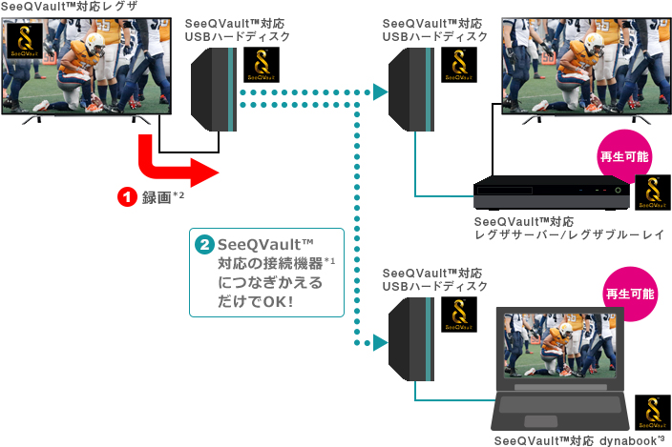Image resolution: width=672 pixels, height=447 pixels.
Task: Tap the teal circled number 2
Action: (204, 245)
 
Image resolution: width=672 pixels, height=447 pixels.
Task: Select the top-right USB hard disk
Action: (412, 90)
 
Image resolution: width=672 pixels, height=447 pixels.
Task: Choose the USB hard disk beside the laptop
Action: (413, 338)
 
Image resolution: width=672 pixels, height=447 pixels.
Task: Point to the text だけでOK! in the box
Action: (255, 302)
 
